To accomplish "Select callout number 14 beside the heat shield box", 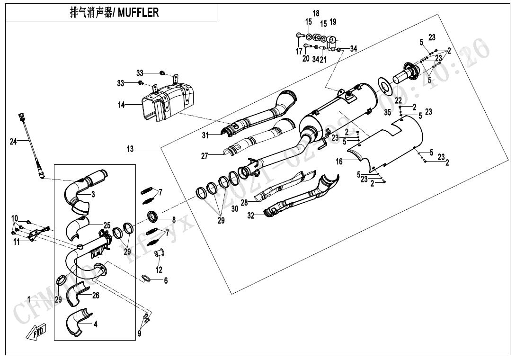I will point(121,105).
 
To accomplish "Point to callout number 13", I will point(130,149).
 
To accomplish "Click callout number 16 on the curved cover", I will point(339,162).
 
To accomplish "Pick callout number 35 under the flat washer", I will point(387,112).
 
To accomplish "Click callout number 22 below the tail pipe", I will point(398,100).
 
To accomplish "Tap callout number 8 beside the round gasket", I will point(174,220).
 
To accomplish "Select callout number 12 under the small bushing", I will point(159,270).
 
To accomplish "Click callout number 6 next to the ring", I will point(166,281).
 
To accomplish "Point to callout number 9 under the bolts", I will point(139,333).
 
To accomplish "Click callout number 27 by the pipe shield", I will point(205,156).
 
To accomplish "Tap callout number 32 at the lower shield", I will point(251,216).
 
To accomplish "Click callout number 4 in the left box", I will point(96,324).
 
